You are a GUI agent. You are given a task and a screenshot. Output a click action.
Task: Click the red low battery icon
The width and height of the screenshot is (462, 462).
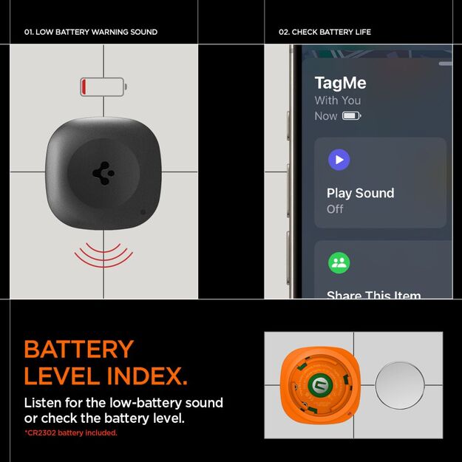(x=103, y=87)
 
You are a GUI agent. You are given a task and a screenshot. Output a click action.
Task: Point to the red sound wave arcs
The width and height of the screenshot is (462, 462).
(x=103, y=255)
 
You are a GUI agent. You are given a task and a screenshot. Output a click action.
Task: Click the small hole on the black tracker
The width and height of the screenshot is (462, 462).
(x=143, y=212)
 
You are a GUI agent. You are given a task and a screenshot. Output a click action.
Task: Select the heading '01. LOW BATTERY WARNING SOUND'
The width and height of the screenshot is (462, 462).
(x=91, y=33)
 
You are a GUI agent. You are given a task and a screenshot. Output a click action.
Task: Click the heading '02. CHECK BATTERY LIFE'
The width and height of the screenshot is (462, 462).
(x=325, y=33)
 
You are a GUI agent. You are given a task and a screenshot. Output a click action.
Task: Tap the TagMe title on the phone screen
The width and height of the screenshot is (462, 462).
(x=340, y=83)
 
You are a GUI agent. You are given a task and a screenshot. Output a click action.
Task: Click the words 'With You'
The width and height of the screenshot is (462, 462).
(x=338, y=101)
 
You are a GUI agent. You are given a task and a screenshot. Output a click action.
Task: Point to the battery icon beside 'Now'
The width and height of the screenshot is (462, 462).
(x=352, y=116)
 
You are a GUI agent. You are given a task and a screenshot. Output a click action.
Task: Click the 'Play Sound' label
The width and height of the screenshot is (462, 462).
(x=361, y=193)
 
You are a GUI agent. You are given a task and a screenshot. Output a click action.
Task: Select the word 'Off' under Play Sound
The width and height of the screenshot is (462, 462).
(x=336, y=209)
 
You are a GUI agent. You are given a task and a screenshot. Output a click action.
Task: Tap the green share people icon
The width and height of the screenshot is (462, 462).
(x=339, y=262)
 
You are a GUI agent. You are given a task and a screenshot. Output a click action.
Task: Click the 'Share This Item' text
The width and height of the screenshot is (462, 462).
(x=374, y=295)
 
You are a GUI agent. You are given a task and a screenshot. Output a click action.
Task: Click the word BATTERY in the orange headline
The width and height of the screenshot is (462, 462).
(x=79, y=349)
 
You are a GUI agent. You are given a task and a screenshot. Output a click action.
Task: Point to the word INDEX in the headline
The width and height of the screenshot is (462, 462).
(x=143, y=376)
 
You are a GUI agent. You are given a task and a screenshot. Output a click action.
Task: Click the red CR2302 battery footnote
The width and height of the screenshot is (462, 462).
(x=71, y=433)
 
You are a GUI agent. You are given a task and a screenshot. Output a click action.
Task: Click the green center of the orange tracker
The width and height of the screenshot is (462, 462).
(x=320, y=384)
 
